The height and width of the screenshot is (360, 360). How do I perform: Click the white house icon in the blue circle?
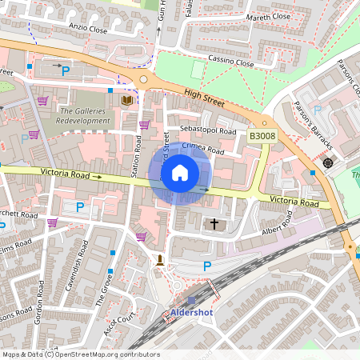180,173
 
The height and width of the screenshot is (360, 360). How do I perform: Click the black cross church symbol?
214,224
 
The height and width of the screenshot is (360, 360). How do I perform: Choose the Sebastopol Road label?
207,130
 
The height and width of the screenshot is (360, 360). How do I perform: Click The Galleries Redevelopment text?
84,115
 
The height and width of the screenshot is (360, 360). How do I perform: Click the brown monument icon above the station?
161,259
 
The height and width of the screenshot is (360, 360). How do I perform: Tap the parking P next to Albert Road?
207,266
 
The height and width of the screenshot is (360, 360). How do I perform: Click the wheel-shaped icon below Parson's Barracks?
327,163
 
